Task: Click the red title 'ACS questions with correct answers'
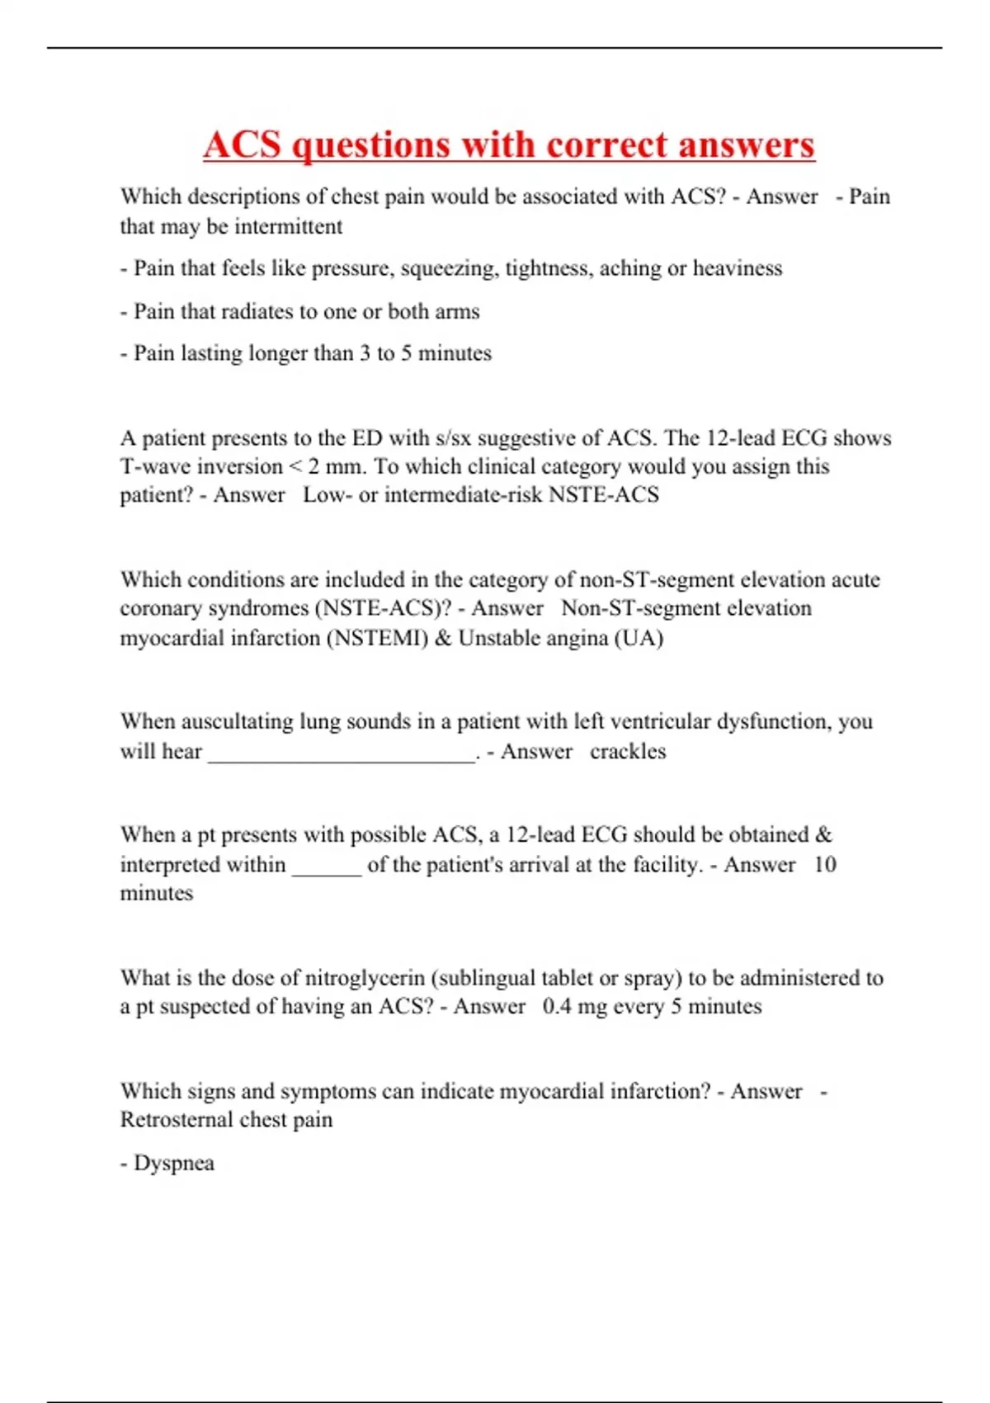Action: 508,145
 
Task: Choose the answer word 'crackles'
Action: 628,752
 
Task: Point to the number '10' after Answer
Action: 824,865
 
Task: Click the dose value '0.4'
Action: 557,1007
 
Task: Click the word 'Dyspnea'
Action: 174,1164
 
